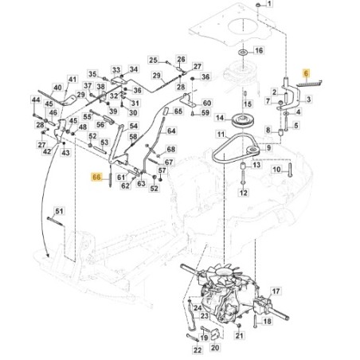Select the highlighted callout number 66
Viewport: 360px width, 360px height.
pyautogui.click(x=97, y=178)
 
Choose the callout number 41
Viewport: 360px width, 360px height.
pyautogui.click(x=72, y=80)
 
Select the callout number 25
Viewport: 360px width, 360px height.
pyautogui.click(x=154, y=60)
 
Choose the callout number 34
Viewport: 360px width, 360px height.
pyautogui.click(x=133, y=69)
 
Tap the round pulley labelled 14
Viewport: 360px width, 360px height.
pyautogui.click(x=239, y=122)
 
